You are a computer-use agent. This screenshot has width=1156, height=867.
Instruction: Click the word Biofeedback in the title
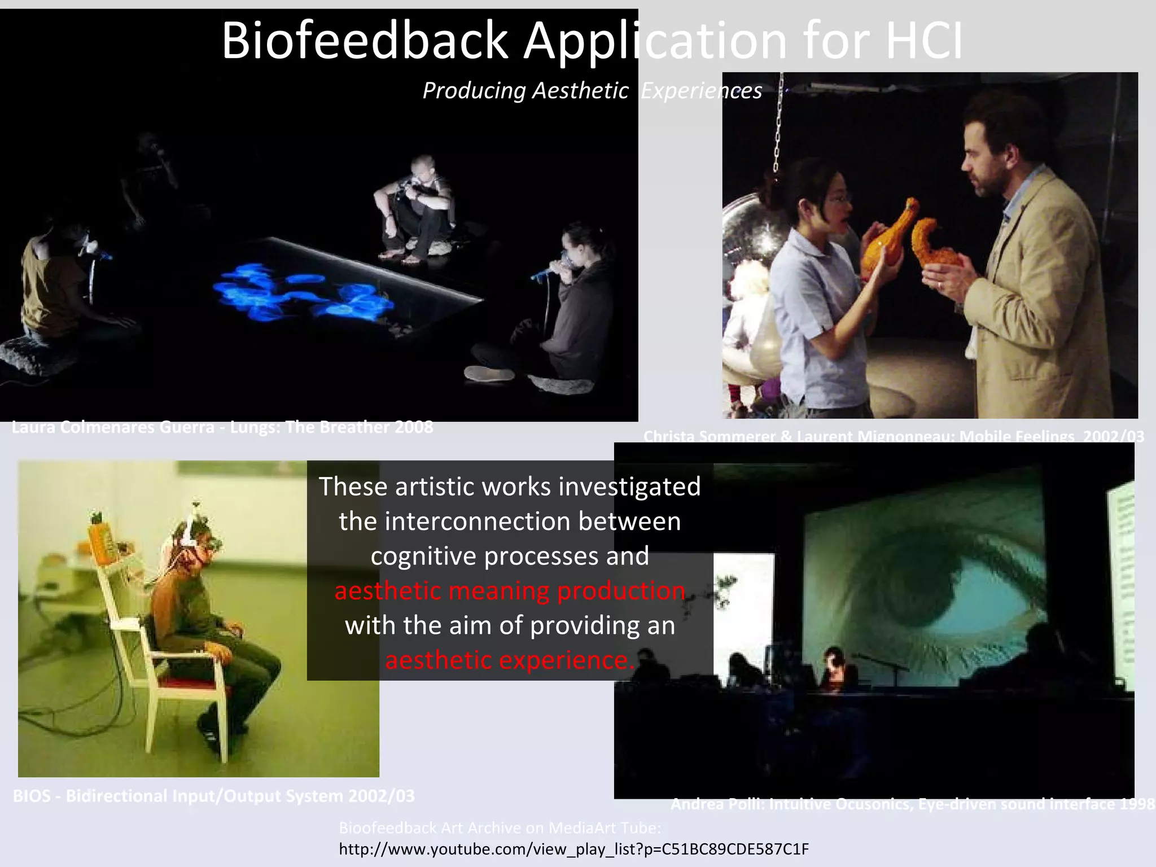pos(365,41)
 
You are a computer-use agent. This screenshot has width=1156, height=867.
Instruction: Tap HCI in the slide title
pos(923,41)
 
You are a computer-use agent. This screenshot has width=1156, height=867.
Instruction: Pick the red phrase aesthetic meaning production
pos(509,591)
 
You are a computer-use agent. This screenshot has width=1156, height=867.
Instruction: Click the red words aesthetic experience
pos(509,660)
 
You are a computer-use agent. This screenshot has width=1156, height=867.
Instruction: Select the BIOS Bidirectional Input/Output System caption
pos(213,796)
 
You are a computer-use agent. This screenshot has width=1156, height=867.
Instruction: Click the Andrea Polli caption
pos(912,804)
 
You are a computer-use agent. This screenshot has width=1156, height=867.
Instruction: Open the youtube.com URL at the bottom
pos(573,849)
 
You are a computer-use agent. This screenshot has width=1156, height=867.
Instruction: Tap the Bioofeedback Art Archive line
pos(500,828)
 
